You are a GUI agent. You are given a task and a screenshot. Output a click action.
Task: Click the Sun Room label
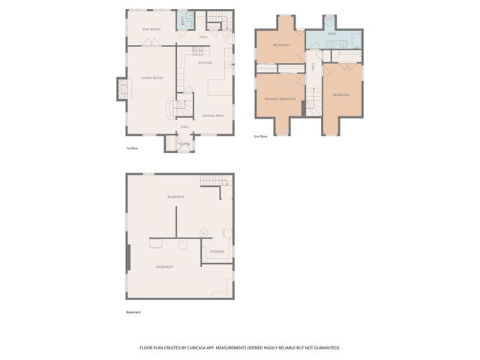pyautogui.click(x=151, y=29)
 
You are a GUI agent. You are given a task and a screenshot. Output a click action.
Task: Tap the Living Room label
pyautogui.click(x=151, y=77)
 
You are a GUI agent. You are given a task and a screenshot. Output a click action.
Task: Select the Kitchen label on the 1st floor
pyautogui.click(x=205, y=62)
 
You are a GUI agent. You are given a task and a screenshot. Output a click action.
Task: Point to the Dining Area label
pyautogui.click(x=213, y=115)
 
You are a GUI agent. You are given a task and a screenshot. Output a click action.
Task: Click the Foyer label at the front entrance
pyautogui.click(x=184, y=142)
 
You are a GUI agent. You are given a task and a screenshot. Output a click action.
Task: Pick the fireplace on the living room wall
pyautogui.click(x=123, y=89)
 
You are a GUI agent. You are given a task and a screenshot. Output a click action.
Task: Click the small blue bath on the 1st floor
pyautogui.click(x=182, y=20)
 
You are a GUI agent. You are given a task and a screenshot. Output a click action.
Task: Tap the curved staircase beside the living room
pyautogui.click(x=181, y=107)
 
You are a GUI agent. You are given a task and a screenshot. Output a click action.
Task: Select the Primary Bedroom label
pyautogui.click(x=280, y=99)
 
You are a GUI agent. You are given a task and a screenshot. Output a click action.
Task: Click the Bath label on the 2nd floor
pyautogui.click(x=331, y=34)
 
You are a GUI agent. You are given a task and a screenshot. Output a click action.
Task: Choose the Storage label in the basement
pyautogui.click(x=217, y=251)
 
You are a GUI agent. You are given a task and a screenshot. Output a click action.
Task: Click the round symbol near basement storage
pyautogui.click(x=202, y=232)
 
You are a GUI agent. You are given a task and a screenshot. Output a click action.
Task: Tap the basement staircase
pyautogui.click(x=213, y=181)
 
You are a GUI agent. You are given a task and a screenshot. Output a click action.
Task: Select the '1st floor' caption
pyautogui.click(x=132, y=148)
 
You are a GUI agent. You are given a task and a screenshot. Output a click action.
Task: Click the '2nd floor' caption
pyautogui.click(x=260, y=136)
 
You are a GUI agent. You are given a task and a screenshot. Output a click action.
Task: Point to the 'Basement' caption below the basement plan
pyautogui.click(x=133, y=312)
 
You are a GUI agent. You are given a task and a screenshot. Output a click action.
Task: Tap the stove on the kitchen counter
pyautogui.click(x=199, y=51)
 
